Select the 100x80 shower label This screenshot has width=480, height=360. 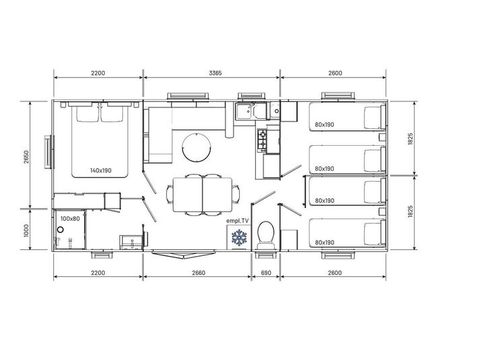[x=69, y=217]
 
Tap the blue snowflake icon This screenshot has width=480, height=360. [x=238, y=238]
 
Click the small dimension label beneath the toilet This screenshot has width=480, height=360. [x=266, y=272]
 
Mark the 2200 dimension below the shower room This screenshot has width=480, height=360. [x=98, y=272]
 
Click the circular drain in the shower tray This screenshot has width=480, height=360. [x=61, y=229]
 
